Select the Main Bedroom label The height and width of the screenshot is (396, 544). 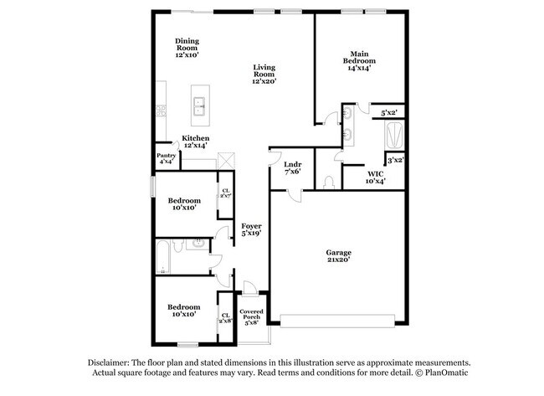pyautogui.click(x=362, y=57)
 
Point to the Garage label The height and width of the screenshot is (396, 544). pyautogui.click(x=339, y=252)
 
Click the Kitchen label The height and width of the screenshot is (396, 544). pyautogui.click(x=196, y=138)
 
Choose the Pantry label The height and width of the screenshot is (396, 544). pyautogui.click(x=166, y=156)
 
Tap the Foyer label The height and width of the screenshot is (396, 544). pyautogui.click(x=252, y=226)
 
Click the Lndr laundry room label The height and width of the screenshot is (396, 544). pyautogui.click(x=292, y=164)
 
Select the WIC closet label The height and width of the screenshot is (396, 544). pyautogui.click(x=375, y=174)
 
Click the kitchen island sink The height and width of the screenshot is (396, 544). pyautogui.click(x=201, y=105)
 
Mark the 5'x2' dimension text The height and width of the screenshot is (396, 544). pyautogui.click(x=389, y=112)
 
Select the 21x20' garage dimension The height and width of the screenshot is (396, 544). pyautogui.click(x=339, y=260)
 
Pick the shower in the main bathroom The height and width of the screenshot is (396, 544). pyautogui.click(x=393, y=135)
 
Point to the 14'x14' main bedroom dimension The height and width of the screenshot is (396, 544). pyautogui.click(x=362, y=69)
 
